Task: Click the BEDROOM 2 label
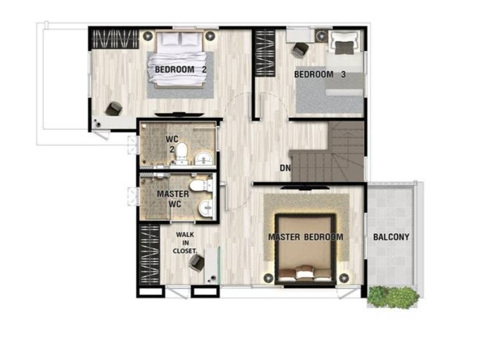(181, 70)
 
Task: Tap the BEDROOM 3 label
(320, 75)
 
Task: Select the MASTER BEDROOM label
(306, 237)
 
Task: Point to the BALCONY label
(391, 237)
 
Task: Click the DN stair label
(285, 168)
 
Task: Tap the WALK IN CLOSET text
(185, 243)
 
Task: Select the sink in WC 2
(203, 158)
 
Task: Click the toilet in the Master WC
(201, 186)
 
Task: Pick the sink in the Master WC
(206, 208)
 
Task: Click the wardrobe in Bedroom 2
(114, 39)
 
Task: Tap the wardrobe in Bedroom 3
(265, 53)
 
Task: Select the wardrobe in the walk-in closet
(150, 255)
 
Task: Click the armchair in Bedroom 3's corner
(346, 42)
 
